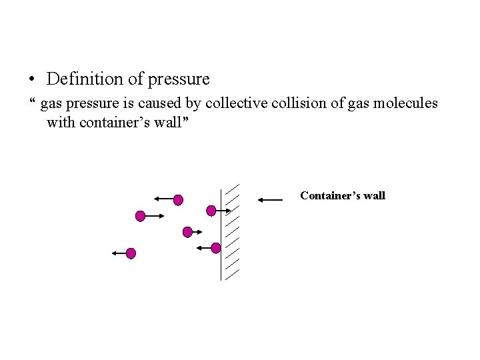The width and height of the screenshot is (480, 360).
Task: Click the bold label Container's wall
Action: (343, 195)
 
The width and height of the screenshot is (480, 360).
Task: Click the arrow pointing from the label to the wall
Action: (269, 199)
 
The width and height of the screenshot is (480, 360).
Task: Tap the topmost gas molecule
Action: (178, 199)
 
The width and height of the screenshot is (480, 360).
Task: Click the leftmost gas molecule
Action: (131, 253)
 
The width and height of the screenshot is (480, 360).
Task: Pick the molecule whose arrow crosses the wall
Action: (211, 211)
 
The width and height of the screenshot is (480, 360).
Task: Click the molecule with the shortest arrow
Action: (187, 232)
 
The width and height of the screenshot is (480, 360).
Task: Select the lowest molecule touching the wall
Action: (215, 248)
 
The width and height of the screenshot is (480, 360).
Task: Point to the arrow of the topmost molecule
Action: (163, 199)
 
